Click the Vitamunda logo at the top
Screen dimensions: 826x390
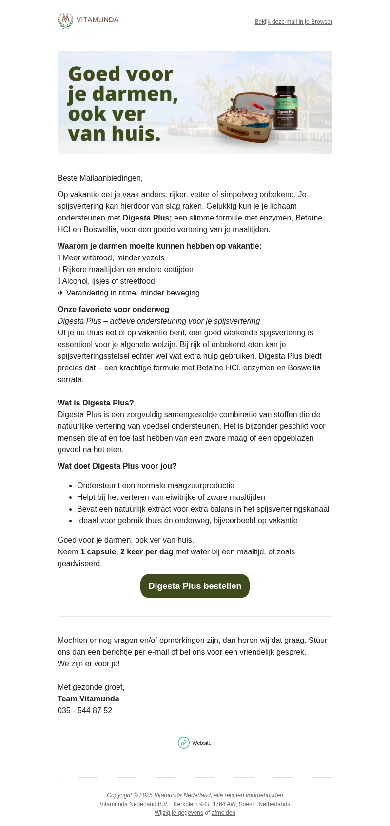[88, 20]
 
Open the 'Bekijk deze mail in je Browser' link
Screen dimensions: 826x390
[293, 22]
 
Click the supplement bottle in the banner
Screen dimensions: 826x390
[286, 108]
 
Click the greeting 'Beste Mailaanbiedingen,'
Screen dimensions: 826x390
[100, 178]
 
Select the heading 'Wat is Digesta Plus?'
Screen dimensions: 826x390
[96, 403]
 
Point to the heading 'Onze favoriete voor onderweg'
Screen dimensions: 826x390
[113, 310]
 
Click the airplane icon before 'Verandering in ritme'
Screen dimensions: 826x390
[60, 293]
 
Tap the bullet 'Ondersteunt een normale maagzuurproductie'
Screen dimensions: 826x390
[156, 486]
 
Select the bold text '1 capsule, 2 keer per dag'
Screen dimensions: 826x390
[127, 552]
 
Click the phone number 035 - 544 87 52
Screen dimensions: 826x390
[85, 711]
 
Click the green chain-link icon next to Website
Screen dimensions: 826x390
[184, 743]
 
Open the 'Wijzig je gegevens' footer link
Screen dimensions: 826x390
[179, 813]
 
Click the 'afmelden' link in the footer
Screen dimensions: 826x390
[223, 813]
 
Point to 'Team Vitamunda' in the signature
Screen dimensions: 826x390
[88, 699]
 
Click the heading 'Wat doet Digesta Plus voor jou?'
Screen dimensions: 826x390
[117, 466]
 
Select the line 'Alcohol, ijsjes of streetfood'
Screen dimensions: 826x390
[108, 281]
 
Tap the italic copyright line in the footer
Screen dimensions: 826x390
[195, 795]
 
